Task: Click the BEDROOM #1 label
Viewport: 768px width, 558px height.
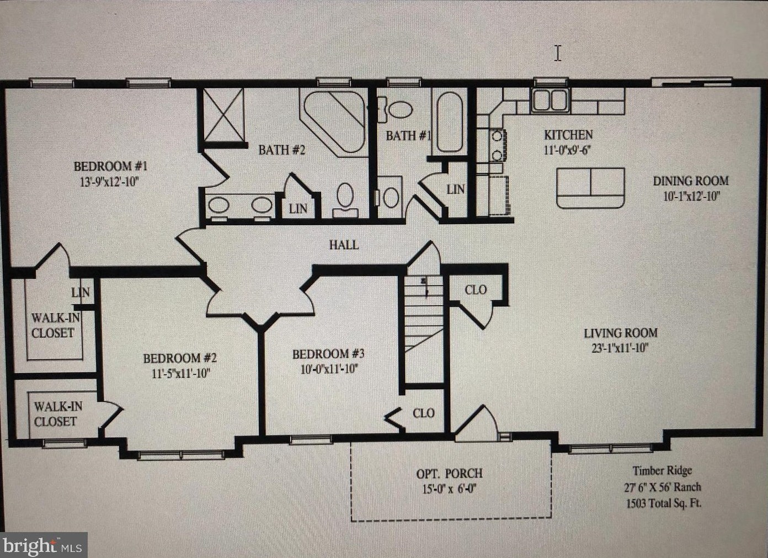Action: pyautogui.click(x=110, y=167)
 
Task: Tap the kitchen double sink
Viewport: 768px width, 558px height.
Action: pyautogui.click(x=550, y=100)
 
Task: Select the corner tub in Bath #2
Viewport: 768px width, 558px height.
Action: pyautogui.click(x=333, y=123)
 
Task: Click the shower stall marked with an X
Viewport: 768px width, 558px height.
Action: pyautogui.click(x=224, y=115)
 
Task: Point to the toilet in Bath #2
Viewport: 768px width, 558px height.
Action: pyautogui.click(x=345, y=200)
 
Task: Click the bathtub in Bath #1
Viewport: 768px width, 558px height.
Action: pyautogui.click(x=450, y=122)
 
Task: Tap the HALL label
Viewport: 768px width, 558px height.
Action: pyautogui.click(x=344, y=245)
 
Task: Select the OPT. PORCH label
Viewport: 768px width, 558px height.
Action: pyautogui.click(x=449, y=474)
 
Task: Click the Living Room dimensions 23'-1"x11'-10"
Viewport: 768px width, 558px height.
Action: pyautogui.click(x=620, y=348)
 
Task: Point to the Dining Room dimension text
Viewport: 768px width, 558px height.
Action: pyautogui.click(x=691, y=196)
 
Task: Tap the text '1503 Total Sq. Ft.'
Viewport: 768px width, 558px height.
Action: pyautogui.click(x=664, y=503)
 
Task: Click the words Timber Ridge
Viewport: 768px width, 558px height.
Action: pyautogui.click(x=662, y=471)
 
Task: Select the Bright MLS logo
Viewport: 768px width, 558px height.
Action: pyautogui.click(x=43, y=545)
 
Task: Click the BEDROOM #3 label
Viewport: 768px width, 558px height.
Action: pyautogui.click(x=328, y=354)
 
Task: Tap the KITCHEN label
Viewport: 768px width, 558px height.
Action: pyautogui.click(x=568, y=135)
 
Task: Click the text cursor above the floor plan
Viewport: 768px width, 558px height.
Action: pyautogui.click(x=558, y=54)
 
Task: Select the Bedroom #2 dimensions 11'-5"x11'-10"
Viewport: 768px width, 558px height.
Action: pyautogui.click(x=180, y=374)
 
